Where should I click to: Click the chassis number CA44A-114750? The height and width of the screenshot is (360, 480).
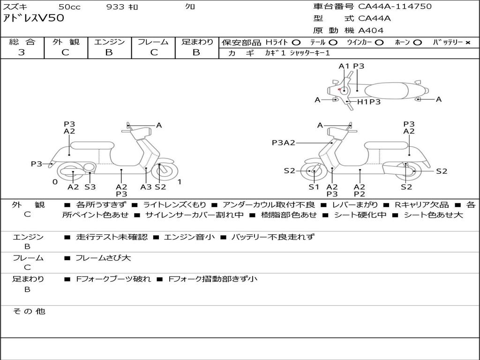395,7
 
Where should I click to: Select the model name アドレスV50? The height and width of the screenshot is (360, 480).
34,19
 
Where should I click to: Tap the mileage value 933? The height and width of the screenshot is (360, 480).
115,7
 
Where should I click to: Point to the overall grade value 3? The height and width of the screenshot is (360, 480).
22,52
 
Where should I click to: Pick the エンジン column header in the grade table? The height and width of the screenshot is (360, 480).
109,42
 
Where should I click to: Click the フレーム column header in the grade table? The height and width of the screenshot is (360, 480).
153,42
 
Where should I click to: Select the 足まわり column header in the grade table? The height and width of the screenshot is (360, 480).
197,42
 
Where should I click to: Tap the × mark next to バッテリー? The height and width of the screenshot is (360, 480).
468,43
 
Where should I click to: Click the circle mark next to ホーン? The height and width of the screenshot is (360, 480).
418,43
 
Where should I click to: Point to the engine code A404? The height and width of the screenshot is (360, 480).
371,30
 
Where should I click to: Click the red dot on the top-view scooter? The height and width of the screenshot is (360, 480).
339,89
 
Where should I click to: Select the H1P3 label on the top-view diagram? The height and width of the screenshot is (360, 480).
369,102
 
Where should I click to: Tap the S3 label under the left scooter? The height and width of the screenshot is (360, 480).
90,187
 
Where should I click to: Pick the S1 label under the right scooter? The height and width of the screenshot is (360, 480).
314,187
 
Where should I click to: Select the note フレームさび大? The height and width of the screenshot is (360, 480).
103,258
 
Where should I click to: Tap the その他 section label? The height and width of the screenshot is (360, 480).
29,311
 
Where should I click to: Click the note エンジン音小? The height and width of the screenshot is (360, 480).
189,237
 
